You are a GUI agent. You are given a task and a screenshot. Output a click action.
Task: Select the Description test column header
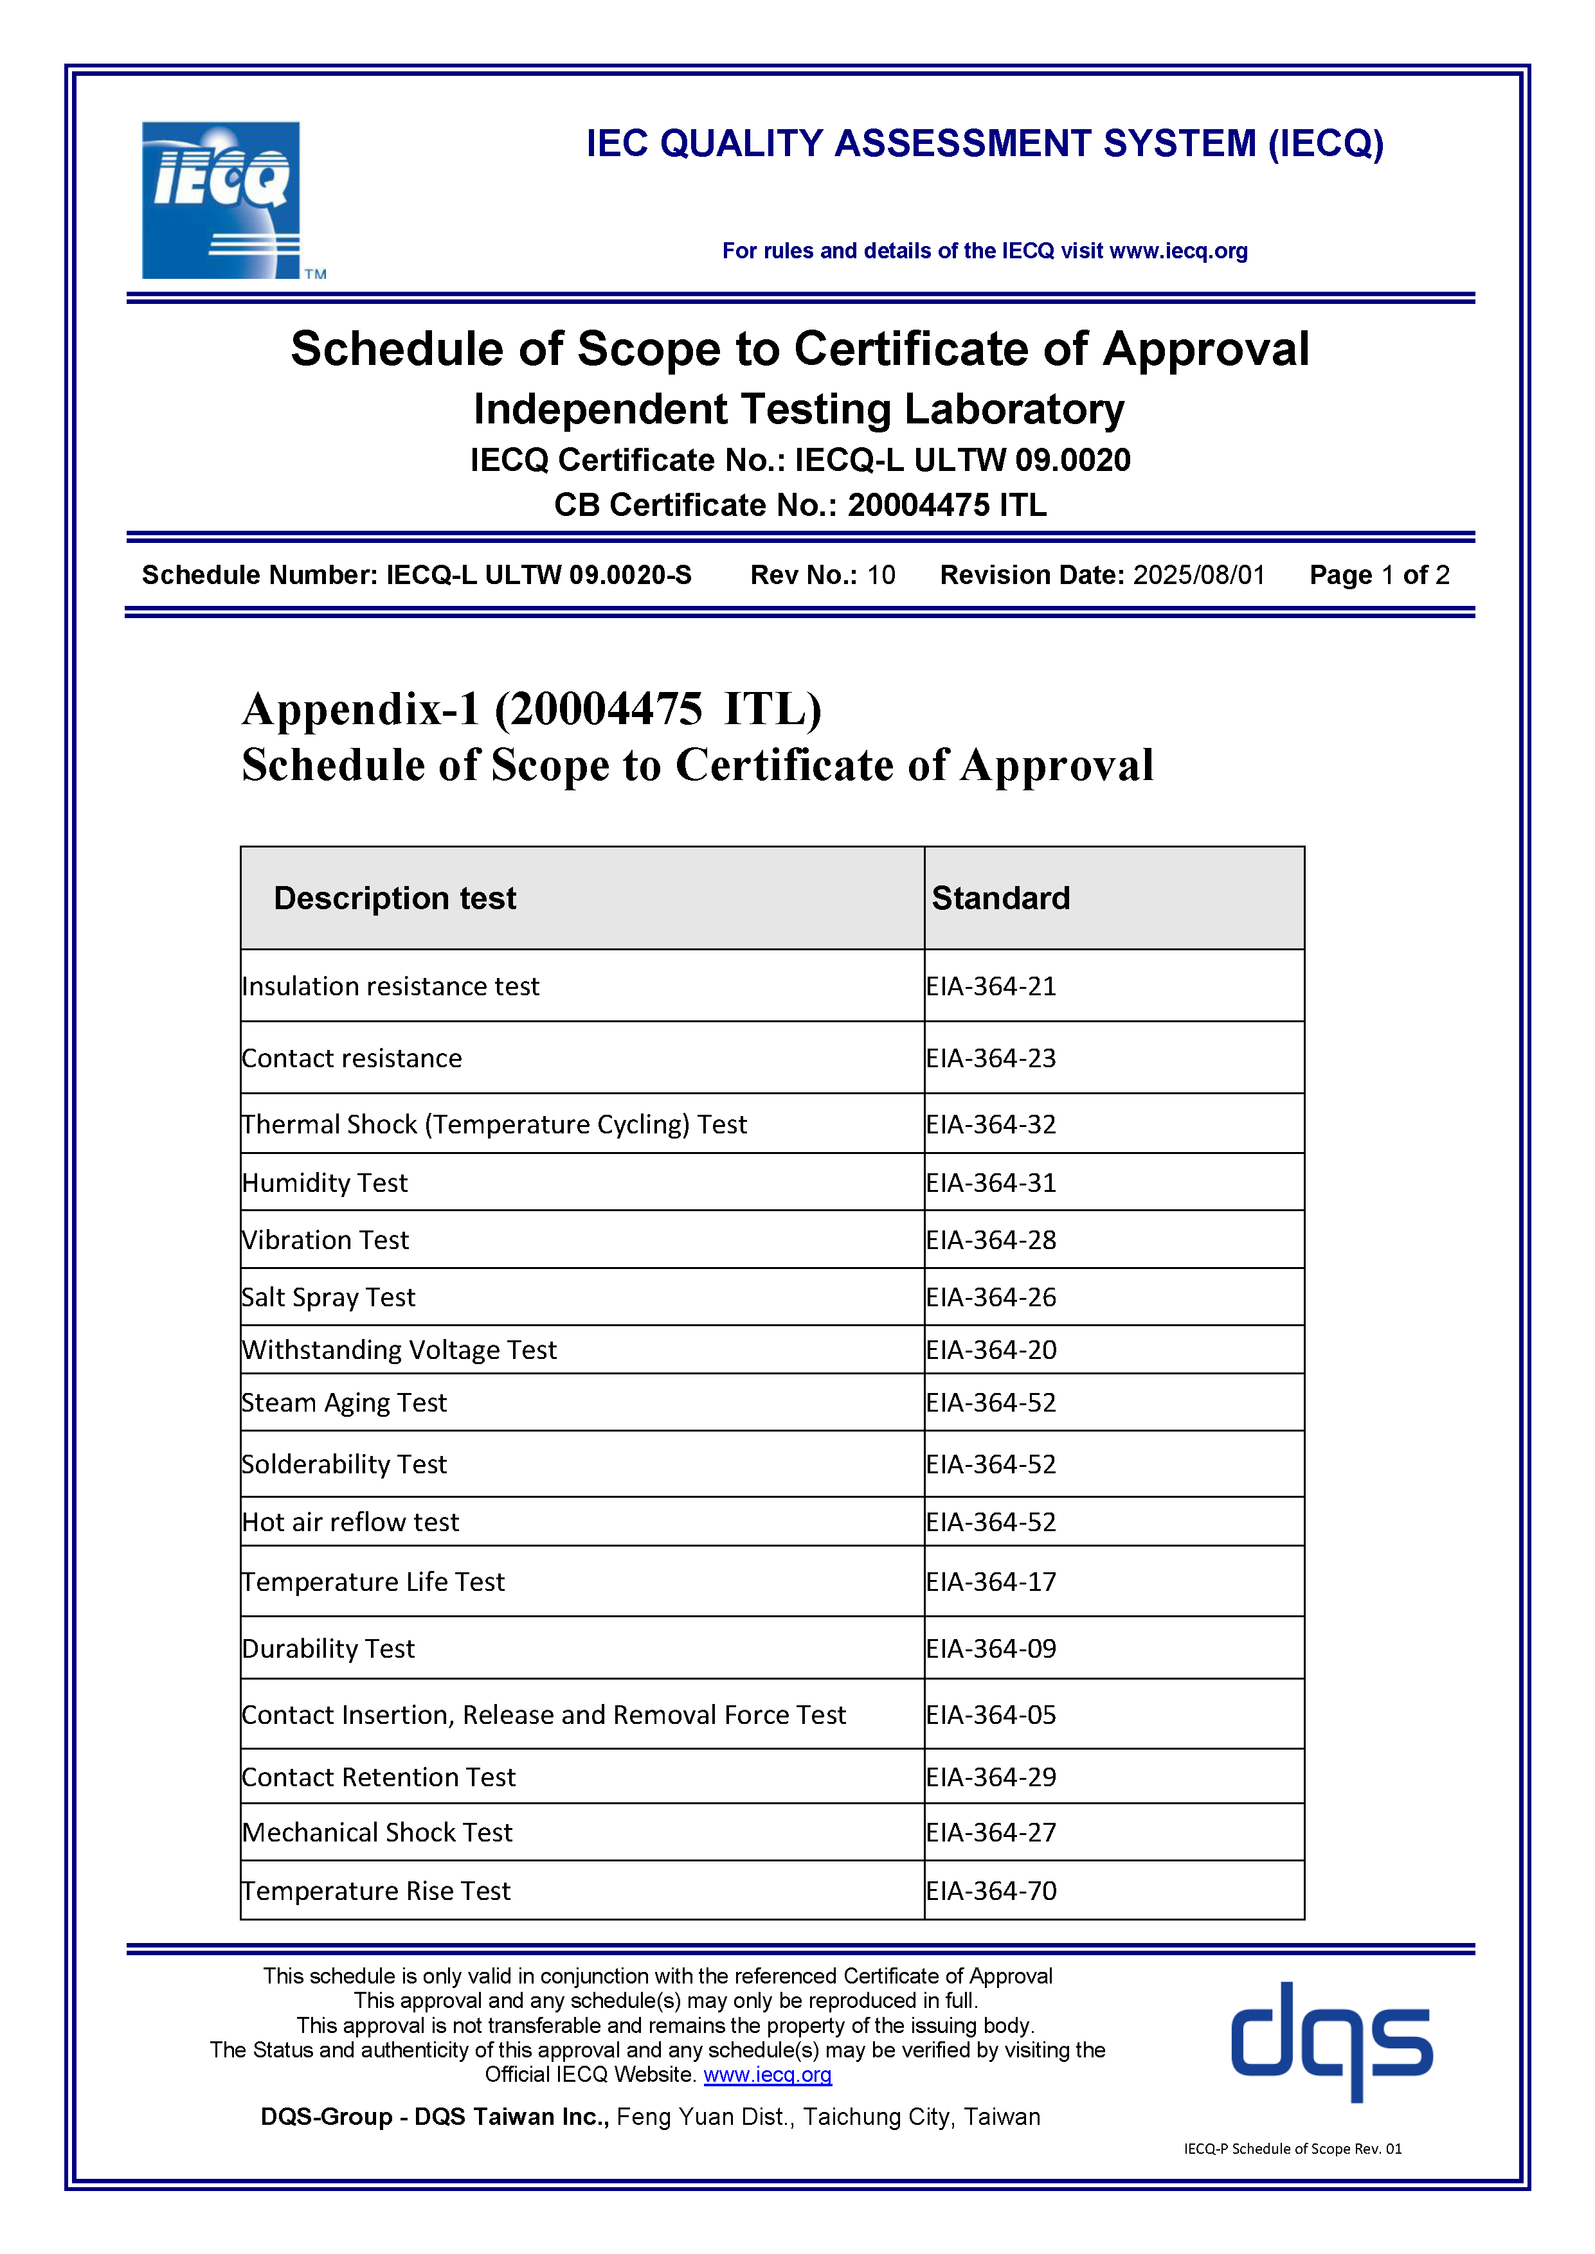click(x=395, y=898)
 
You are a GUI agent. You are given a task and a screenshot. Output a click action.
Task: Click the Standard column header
click(x=1001, y=898)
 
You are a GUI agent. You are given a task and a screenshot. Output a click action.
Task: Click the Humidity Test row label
click(x=325, y=1182)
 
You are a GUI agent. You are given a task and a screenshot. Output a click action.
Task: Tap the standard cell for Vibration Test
click(x=991, y=1240)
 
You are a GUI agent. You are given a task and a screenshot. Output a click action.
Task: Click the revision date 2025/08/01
click(x=1199, y=575)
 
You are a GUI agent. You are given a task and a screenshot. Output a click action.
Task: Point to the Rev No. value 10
click(x=881, y=575)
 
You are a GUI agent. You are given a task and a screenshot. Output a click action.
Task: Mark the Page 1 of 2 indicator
click(x=1379, y=575)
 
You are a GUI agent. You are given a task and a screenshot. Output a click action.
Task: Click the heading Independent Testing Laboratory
click(x=798, y=409)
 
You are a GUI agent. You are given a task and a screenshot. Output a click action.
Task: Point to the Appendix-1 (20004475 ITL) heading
click(x=531, y=709)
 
